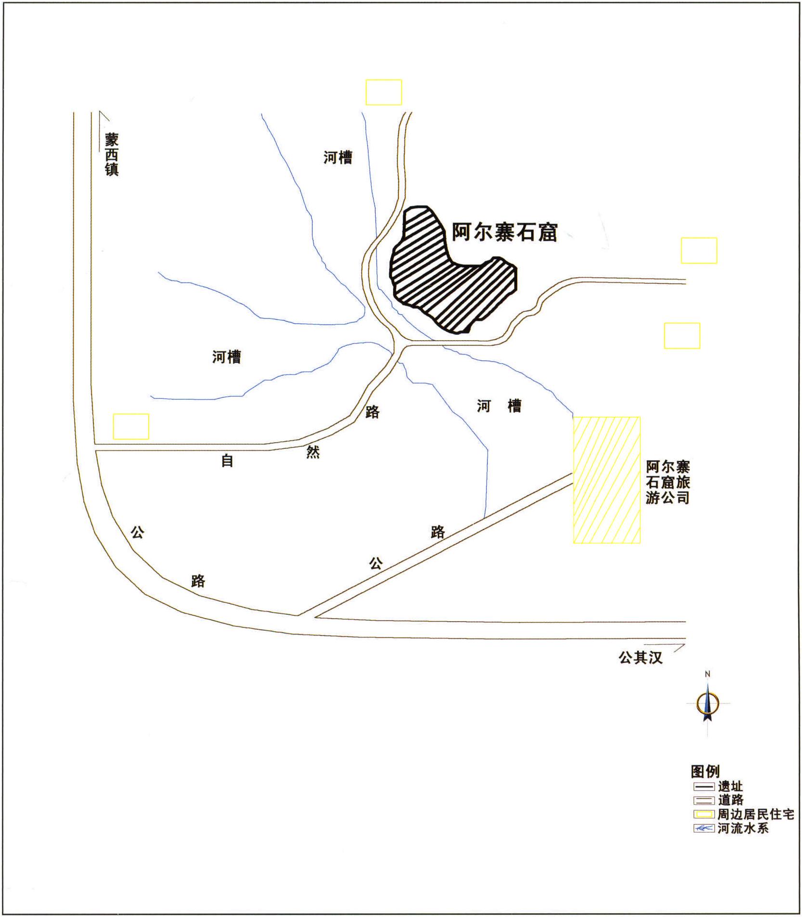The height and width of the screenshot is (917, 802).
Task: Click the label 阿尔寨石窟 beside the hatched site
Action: point(504,232)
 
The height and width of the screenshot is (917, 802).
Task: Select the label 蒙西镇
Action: point(112,155)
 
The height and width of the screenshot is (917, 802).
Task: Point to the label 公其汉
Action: point(640,658)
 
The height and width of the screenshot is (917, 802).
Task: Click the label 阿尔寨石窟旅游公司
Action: point(668,482)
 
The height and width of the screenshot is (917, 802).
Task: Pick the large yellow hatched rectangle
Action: point(607,480)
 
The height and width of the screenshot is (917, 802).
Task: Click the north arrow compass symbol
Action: point(707,703)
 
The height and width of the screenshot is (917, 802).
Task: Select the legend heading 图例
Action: point(705,771)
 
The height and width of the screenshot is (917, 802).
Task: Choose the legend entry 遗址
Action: point(718,787)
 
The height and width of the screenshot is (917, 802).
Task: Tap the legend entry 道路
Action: point(718,800)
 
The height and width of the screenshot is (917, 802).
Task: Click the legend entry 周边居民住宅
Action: point(743,815)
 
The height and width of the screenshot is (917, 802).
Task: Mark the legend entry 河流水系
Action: point(731,828)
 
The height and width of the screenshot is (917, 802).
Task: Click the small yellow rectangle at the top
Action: point(384,92)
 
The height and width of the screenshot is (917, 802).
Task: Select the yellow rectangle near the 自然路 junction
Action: point(131,426)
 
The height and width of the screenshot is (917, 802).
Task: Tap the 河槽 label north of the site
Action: point(338,157)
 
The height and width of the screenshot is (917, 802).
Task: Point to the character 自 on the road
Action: point(227,461)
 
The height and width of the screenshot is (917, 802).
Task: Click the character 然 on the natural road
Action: point(313,452)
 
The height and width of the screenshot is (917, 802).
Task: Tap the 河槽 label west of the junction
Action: point(227,357)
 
